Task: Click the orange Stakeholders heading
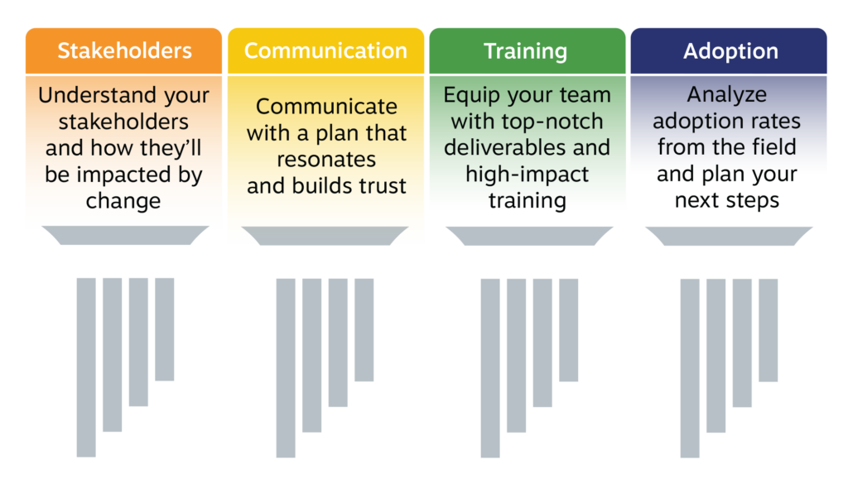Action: [124, 50]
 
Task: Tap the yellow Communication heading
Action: [325, 50]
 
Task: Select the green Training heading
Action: [528, 50]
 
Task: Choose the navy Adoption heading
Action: [729, 50]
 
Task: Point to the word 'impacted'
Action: [129, 175]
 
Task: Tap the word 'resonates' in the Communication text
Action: [326, 160]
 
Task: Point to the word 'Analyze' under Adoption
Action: [727, 95]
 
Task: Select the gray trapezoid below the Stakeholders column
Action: [125, 236]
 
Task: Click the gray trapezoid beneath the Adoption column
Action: [729, 236]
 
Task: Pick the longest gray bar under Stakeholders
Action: [86, 367]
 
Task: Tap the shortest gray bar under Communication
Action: [364, 330]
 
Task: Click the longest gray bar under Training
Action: [490, 368]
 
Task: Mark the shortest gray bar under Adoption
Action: [768, 330]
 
